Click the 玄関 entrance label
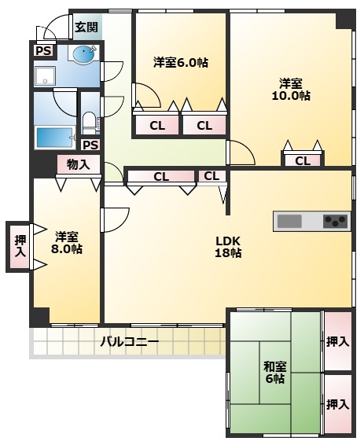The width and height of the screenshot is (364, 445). (86, 27)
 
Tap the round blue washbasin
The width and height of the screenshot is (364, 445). (83, 53)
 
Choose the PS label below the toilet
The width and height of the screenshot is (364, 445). (90, 145)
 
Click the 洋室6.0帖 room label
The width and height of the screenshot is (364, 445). (180, 62)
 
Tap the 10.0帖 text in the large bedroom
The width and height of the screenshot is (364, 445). (292, 96)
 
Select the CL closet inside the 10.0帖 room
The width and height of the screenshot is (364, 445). (302, 161)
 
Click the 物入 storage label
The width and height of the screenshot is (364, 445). (78, 164)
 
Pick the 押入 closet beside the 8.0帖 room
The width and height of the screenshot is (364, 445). (20, 246)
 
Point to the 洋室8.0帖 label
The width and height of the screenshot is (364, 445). (67, 242)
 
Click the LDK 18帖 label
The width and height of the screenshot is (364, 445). (229, 247)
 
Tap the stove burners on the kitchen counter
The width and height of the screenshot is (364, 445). (336, 221)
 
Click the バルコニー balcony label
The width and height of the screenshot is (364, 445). (130, 343)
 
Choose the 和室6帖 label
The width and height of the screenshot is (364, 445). (274, 372)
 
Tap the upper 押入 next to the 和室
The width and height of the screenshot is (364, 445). (338, 341)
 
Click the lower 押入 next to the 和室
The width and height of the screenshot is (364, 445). (338, 404)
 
